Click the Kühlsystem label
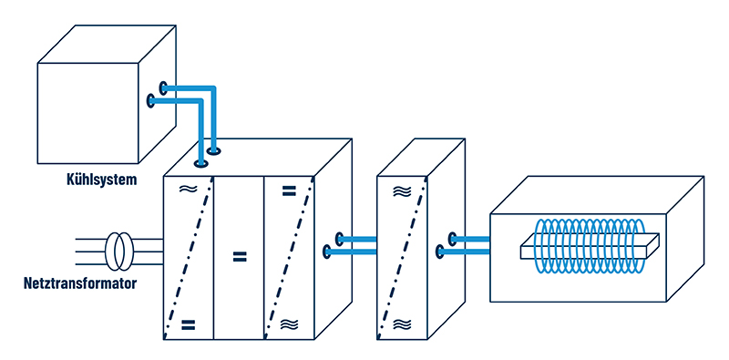pyautogui.click(x=102, y=180)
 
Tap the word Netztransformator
pyautogui.click(x=80, y=283)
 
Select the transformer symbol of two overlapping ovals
pyautogui.click(x=120, y=252)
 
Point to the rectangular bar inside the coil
pyautogui.click(x=589, y=245)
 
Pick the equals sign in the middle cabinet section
pyautogui.click(x=239, y=256)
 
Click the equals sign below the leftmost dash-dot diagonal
pyautogui.click(x=188, y=324)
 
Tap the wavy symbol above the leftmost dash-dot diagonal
pyautogui.click(x=188, y=189)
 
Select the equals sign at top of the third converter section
pyautogui.click(x=289, y=190)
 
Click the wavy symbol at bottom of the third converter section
pyautogui.click(x=289, y=324)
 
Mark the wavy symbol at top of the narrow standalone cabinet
pyautogui.click(x=402, y=191)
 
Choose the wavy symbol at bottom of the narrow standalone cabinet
pyautogui.click(x=402, y=324)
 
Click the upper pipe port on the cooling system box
pyautogui.click(x=163, y=87)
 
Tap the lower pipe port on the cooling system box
pyautogui.click(x=150, y=100)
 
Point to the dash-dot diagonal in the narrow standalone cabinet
pyautogui.click(x=402, y=258)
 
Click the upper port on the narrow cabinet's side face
pyautogui.click(x=452, y=239)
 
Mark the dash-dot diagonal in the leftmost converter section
pyautogui.click(x=189, y=258)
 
